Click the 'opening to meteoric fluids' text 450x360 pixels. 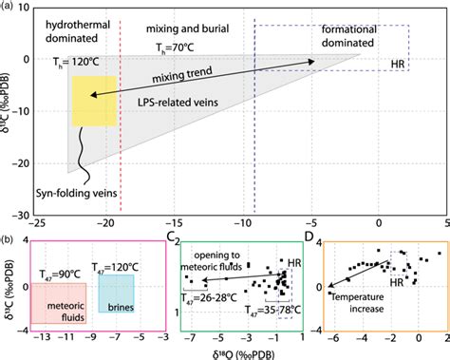point(224,262)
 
